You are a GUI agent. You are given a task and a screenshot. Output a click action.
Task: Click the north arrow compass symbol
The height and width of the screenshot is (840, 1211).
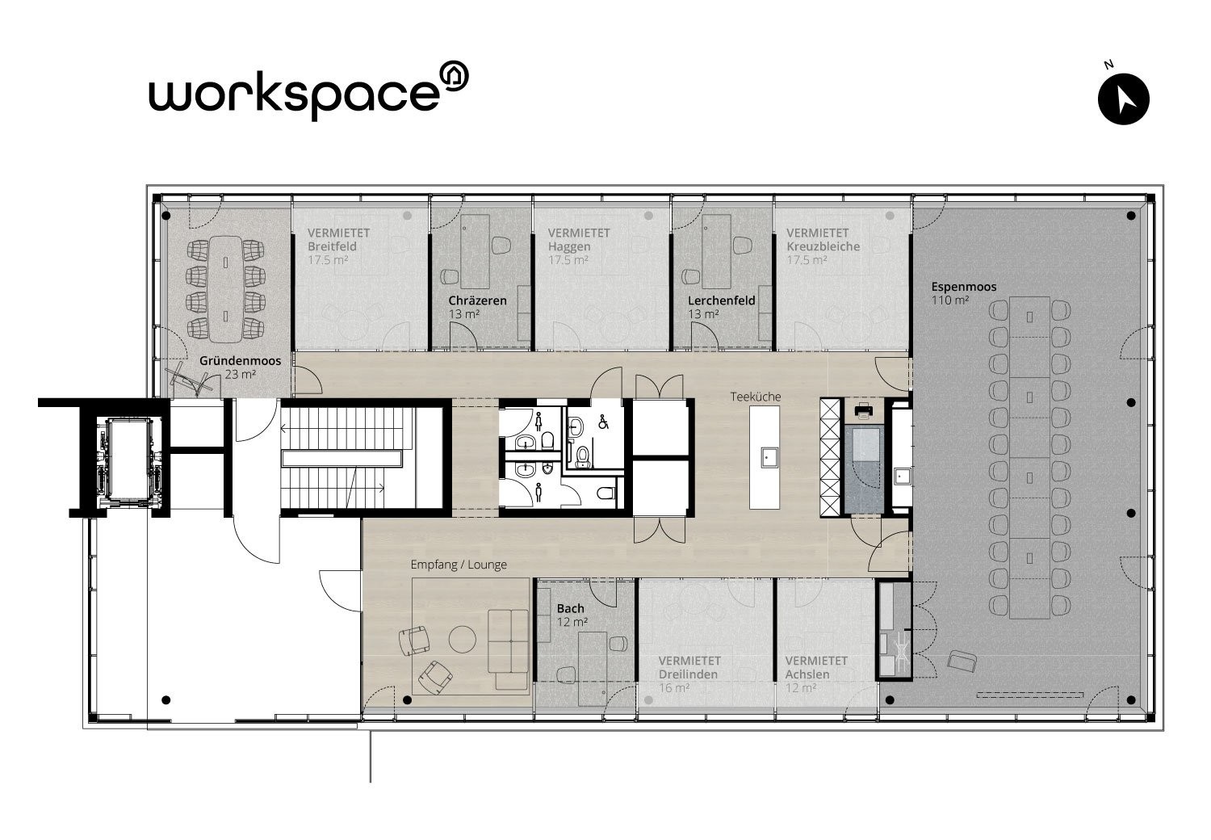(x=1124, y=99)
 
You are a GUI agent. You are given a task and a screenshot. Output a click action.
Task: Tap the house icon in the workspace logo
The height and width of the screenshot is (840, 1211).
(x=453, y=76)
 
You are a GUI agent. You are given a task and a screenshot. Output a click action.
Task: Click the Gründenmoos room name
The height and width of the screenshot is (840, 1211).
(x=240, y=361)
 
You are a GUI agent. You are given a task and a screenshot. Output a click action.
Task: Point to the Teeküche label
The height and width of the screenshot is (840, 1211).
(x=755, y=397)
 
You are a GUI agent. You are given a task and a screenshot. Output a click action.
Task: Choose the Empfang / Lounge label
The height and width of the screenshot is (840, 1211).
(x=459, y=564)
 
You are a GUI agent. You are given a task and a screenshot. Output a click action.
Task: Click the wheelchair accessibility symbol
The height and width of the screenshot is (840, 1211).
(x=603, y=422)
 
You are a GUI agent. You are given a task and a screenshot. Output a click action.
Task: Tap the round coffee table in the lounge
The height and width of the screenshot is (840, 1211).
(x=463, y=639)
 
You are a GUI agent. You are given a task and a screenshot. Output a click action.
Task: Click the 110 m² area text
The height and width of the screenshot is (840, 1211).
(x=950, y=300)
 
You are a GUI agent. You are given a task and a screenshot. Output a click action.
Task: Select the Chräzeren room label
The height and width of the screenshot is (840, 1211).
(x=477, y=300)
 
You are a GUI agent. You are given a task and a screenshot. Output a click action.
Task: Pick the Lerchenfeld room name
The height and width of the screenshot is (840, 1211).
(x=721, y=300)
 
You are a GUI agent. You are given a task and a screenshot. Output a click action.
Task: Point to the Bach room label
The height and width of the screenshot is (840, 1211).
(x=570, y=608)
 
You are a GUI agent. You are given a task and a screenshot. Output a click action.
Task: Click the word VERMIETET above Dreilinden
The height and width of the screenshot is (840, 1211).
(x=689, y=661)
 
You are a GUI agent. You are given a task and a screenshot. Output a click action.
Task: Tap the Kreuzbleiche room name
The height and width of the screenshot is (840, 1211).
(x=823, y=246)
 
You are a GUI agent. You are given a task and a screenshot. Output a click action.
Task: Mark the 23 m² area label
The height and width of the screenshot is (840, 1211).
(x=240, y=374)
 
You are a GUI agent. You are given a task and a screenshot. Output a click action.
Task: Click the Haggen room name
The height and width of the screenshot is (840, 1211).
(x=568, y=246)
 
